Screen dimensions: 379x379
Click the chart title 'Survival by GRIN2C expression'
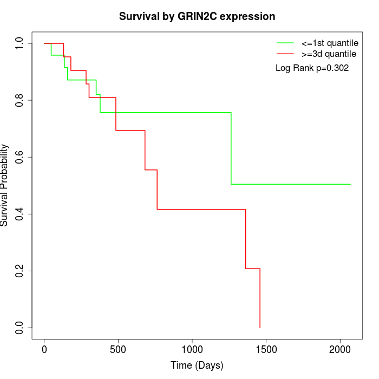click(197, 16)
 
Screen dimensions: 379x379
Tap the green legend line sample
click(285, 43)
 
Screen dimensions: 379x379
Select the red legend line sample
click(285, 54)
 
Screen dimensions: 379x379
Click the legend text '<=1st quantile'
click(329, 43)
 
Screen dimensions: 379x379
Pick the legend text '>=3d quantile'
click(329, 54)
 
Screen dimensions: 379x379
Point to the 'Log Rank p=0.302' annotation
click(312, 68)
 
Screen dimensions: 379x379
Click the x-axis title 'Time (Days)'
click(197, 365)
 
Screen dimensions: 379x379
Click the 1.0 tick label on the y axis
click(19, 43)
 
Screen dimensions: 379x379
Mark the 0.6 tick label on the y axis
click(19, 157)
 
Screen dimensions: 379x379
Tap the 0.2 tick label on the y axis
click(19, 271)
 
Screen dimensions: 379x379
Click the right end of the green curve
click(350, 184)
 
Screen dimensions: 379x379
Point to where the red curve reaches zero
click(260, 328)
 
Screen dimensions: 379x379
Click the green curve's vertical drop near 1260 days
click(231, 148)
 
